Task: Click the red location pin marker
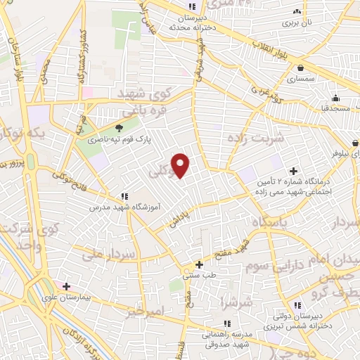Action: (x=181, y=165)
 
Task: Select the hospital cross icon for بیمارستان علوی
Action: (x=66, y=286)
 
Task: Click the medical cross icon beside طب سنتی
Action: (x=200, y=265)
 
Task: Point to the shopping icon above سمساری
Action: (x=301, y=68)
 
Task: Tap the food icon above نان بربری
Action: (x=297, y=11)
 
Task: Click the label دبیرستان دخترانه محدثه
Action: (x=186, y=21)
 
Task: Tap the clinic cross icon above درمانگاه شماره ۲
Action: (x=293, y=171)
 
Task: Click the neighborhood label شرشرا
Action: (x=232, y=303)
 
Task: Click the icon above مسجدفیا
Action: (x=336, y=98)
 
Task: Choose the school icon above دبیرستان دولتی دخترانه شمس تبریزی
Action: (x=297, y=305)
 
